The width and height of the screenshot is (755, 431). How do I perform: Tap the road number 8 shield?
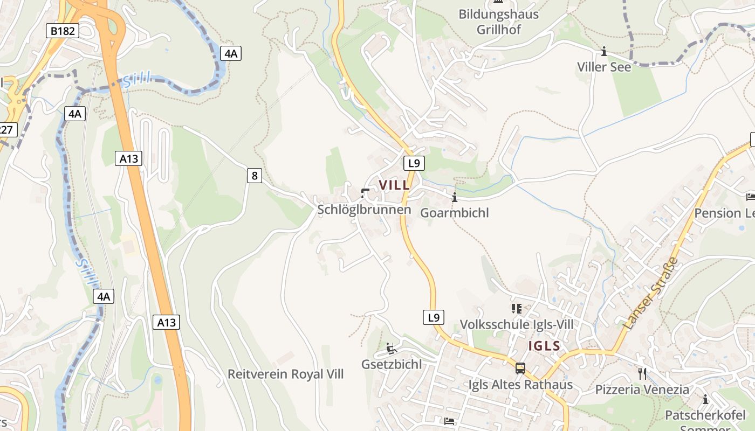255,175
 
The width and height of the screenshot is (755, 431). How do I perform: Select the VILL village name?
394,185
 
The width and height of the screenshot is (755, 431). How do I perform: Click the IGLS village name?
545,346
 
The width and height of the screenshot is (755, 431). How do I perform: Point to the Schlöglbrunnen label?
364,210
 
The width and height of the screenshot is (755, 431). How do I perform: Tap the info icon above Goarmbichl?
455,197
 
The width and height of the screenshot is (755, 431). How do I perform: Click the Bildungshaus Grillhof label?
498,22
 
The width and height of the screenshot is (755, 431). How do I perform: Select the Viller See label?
604,67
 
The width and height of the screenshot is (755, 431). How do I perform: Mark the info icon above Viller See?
604,52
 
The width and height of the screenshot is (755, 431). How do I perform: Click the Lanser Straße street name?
650,294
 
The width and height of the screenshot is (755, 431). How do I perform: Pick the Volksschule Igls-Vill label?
517,324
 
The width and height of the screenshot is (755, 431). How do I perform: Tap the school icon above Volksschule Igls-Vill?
517,309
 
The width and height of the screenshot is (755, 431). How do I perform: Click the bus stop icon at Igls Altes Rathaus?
520,369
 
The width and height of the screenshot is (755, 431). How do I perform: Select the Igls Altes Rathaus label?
518,385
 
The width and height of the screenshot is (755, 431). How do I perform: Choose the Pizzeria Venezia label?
642,389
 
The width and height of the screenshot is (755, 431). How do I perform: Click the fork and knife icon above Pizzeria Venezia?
642,373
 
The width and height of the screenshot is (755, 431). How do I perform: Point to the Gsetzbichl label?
392,364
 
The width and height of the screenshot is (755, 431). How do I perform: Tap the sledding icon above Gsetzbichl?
392,349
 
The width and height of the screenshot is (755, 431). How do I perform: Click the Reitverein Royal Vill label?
285,374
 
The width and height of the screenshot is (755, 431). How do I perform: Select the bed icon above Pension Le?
750,197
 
